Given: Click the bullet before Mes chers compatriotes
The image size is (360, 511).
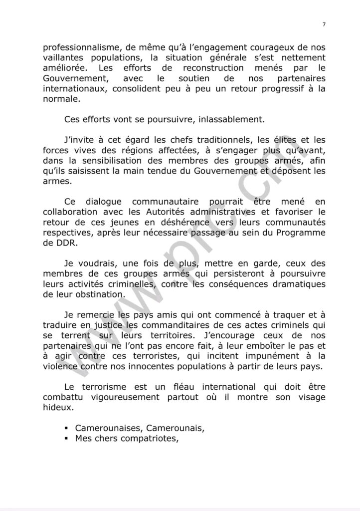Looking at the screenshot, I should [x=66, y=439].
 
